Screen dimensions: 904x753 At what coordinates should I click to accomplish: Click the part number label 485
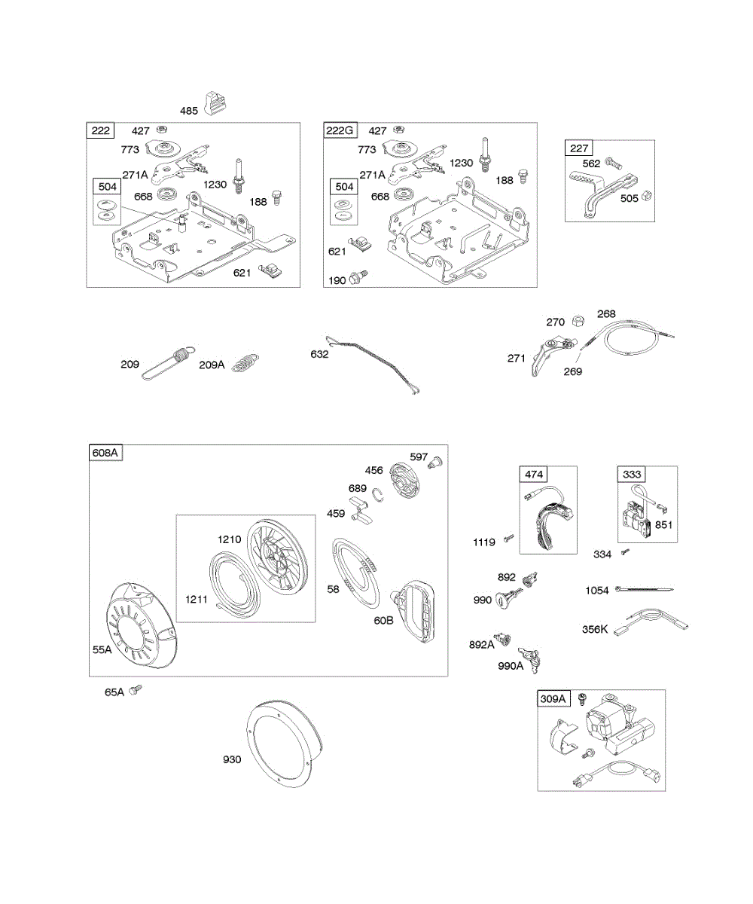[x=189, y=111]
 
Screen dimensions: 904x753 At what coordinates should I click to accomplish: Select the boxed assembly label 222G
[x=340, y=131]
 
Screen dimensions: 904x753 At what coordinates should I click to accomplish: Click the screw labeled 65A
[x=136, y=689]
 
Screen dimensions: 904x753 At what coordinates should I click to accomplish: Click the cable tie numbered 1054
[x=644, y=589]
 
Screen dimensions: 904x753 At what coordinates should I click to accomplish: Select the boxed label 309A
[x=553, y=698]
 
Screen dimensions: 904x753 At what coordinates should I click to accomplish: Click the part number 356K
[x=595, y=629]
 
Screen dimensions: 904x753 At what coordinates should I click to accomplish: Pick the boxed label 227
[x=580, y=148]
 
